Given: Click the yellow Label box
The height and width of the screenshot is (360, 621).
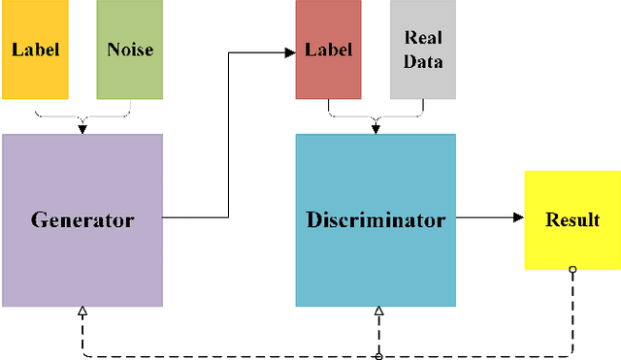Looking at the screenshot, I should pos(35,49).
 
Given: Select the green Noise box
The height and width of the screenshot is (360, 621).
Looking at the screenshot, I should pos(129,49).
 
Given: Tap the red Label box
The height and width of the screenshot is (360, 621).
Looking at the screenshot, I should pos(328,49).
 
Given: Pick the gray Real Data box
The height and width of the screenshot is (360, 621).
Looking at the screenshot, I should pos(422,49).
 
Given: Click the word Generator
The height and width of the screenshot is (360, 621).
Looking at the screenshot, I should pos(82,219).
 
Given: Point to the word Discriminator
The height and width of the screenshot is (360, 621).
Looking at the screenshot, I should pos(376,219).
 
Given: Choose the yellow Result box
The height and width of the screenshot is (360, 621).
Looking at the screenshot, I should pos(572,219).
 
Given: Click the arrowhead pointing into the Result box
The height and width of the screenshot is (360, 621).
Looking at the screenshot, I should pos(518,219).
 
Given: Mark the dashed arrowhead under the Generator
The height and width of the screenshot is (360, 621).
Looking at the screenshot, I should pos(82,312).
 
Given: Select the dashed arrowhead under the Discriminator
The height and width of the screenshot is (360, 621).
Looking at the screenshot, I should pos(378,312).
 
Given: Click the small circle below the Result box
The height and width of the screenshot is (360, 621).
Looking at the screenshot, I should pos(572,269).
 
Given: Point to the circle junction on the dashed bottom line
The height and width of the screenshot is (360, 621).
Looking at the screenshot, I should pos(378,356).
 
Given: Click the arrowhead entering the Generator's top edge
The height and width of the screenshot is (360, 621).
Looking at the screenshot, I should pos(82,129).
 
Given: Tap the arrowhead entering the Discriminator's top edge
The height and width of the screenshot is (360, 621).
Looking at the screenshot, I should pos(376,129).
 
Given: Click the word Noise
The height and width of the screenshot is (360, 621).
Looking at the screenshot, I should pos(129,49).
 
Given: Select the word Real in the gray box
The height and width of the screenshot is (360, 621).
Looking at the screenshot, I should pos(422,38).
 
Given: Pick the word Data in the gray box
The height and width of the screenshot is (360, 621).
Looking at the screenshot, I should pos(422,61).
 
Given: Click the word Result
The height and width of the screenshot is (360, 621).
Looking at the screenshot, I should pos(572,219).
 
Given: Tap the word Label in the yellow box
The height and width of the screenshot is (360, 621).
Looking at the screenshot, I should pos(35,49).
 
